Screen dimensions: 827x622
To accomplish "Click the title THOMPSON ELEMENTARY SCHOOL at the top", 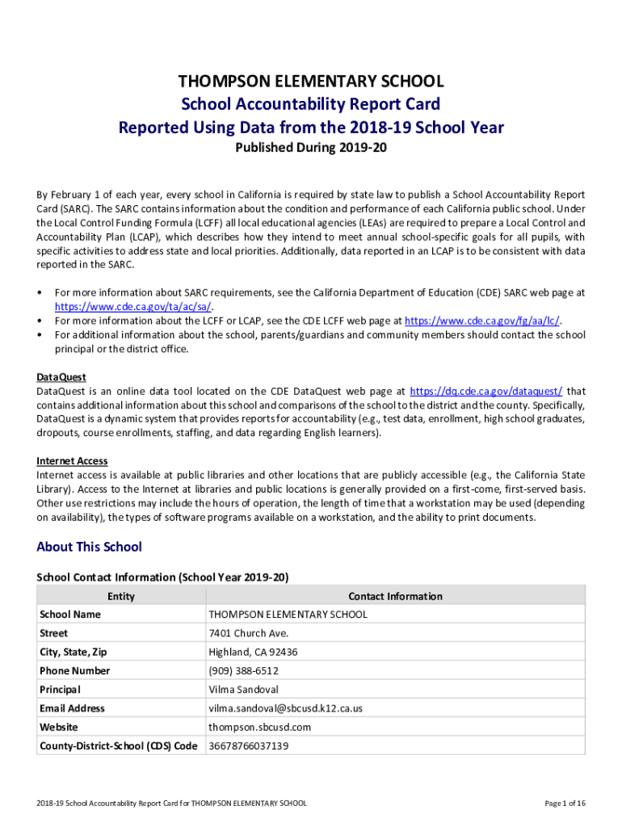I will click(x=311, y=82).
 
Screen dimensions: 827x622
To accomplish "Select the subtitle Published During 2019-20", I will click(x=311, y=149).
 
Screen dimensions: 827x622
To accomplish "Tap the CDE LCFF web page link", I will click(x=481, y=321).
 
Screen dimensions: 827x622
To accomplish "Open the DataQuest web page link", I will click(x=486, y=391).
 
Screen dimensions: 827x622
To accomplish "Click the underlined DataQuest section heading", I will click(x=61, y=377).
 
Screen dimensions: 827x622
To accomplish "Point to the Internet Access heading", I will click(x=72, y=461).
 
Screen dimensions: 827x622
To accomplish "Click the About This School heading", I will click(x=89, y=547).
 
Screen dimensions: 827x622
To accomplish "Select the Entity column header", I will click(x=121, y=596).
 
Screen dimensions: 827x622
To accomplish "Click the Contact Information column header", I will click(x=395, y=596).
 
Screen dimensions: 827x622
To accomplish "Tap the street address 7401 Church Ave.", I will click(x=248, y=633).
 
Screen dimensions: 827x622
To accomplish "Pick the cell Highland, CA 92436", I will click(x=253, y=652).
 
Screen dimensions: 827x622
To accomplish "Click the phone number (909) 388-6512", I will click(x=243, y=671).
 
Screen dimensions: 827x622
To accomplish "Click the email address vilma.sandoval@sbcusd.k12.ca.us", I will click(x=285, y=708).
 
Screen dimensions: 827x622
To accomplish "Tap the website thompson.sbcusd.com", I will click(x=259, y=727).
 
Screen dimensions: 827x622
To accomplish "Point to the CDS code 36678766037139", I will click(x=248, y=746).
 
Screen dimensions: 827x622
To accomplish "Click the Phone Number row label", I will click(x=74, y=671).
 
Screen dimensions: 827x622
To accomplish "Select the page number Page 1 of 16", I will click(x=565, y=804).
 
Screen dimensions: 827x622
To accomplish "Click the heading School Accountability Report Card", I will click(x=311, y=104).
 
